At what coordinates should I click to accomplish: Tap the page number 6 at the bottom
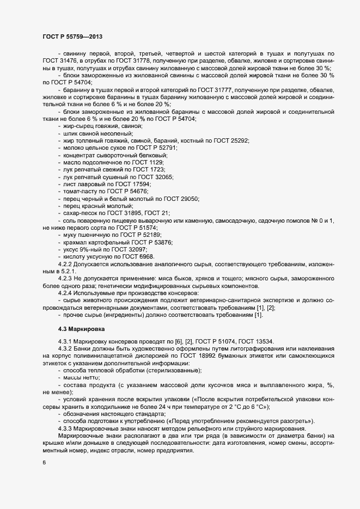(44, 463)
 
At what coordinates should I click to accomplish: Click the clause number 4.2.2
(66, 263)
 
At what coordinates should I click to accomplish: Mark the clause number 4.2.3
(66, 278)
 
